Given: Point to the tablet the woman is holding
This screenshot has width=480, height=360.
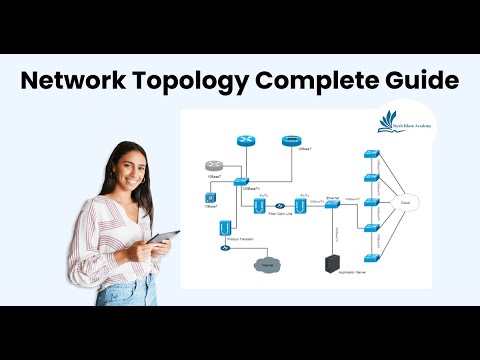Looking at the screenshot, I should click(164, 240).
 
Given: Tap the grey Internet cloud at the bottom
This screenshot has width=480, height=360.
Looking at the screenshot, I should click(266, 264).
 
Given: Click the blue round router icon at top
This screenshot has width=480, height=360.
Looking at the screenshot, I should click(247, 141).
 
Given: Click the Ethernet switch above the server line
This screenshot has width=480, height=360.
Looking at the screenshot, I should click(332, 202).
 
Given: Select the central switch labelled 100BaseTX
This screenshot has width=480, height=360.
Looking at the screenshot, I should click(240, 180).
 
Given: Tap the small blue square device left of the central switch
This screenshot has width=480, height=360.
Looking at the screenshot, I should click(211, 198).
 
